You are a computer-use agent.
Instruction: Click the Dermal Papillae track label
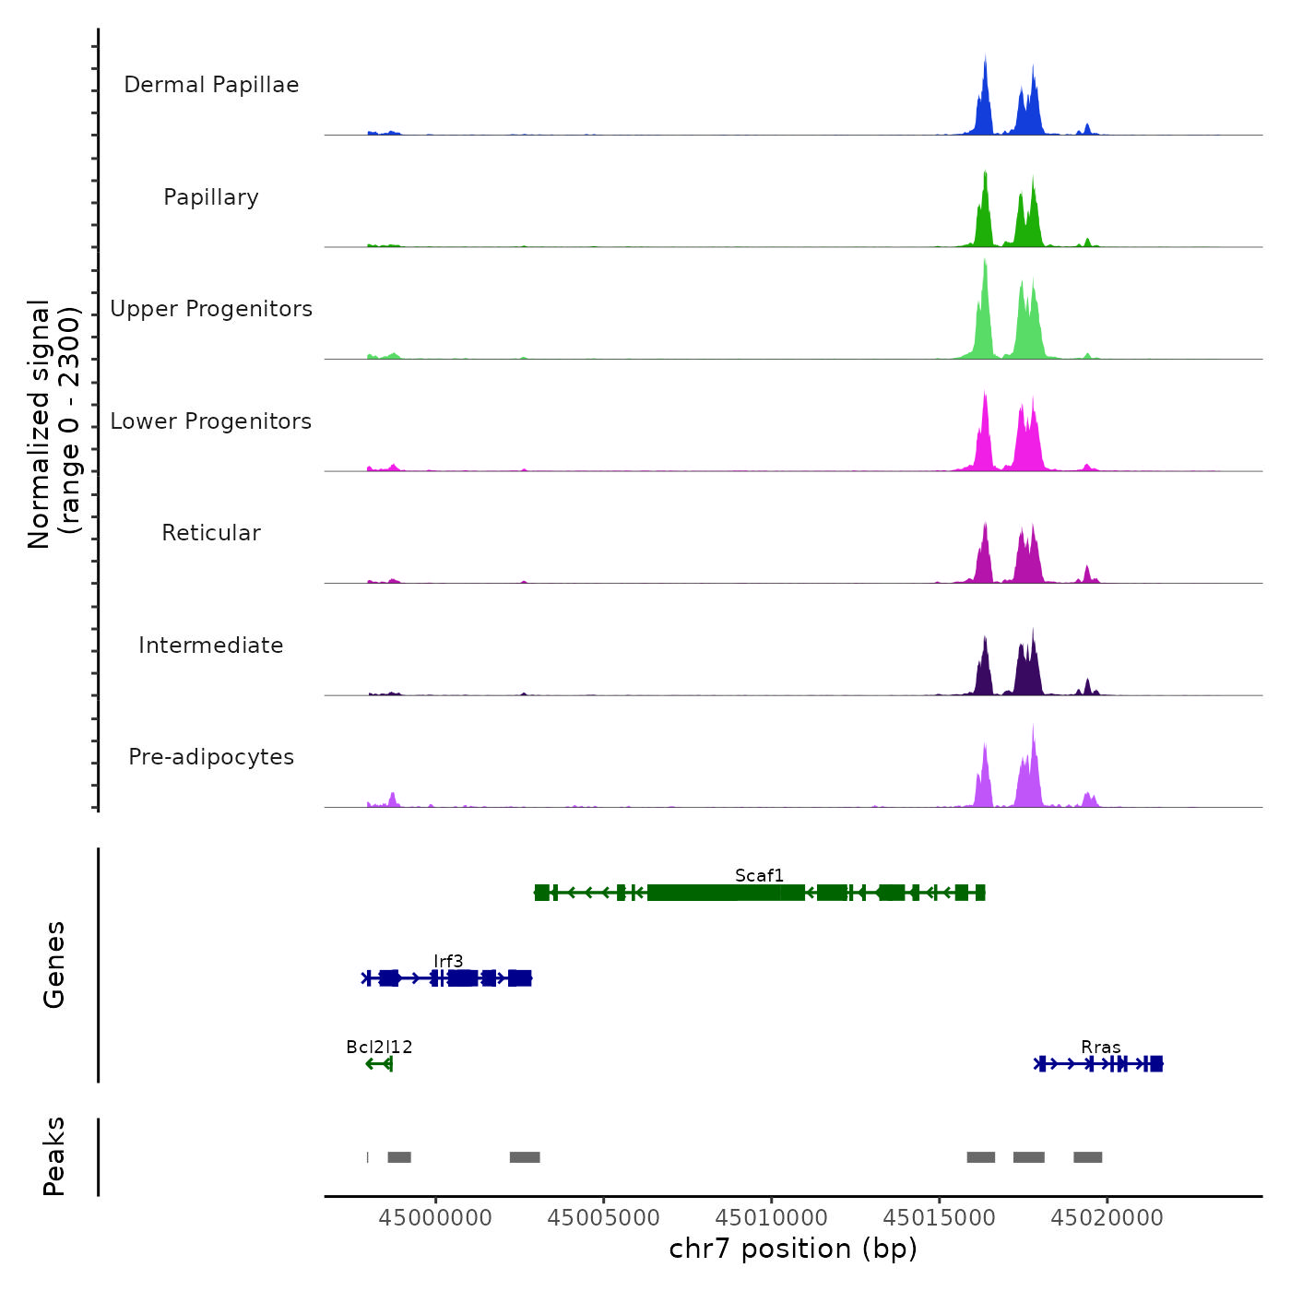[211, 85]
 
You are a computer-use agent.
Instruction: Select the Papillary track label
[211, 197]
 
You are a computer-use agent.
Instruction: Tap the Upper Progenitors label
[211, 309]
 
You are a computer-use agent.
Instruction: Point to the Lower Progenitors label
[211, 421]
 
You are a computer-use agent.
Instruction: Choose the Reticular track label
[211, 533]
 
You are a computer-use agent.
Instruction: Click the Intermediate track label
[211, 645]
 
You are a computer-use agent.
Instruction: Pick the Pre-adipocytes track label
[211, 757]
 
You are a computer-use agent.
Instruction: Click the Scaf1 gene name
[759, 875]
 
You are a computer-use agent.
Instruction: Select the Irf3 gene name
[448, 962]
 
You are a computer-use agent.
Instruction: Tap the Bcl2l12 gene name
[379, 1047]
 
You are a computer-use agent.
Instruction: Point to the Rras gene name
[1101, 1048]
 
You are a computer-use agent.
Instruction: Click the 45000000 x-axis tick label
[435, 1218]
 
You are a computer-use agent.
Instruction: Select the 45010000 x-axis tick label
[772, 1218]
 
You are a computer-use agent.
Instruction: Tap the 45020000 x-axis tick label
[1107, 1218]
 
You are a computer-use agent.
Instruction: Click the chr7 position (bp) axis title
[793, 1249]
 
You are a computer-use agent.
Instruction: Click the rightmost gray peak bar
[1087, 1157]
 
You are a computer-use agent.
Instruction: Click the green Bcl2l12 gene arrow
[379, 1064]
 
